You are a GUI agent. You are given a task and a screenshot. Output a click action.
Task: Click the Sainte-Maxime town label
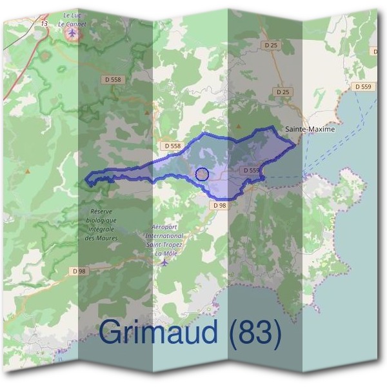(310, 129)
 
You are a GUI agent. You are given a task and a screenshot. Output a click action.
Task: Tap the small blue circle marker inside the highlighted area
(202, 174)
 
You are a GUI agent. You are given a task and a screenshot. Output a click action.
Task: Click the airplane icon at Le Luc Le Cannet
(72, 32)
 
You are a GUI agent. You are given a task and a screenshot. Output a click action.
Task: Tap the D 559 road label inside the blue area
(250, 170)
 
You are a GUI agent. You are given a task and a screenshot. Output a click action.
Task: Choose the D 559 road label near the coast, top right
(362, 86)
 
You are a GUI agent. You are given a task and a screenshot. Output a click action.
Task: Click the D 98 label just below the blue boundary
(219, 204)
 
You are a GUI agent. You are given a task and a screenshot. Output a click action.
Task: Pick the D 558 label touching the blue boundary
(172, 146)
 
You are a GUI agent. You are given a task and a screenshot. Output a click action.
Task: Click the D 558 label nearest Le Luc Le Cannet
(112, 79)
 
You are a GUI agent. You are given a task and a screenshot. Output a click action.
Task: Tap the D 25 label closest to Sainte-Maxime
(283, 92)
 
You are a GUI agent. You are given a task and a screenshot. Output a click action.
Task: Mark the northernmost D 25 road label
(270, 45)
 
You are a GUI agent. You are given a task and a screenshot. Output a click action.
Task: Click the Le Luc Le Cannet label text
(72, 19)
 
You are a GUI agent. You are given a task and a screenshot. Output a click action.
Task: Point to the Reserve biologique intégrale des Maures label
(101, 224)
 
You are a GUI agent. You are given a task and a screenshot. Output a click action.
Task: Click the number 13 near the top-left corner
(44, 23)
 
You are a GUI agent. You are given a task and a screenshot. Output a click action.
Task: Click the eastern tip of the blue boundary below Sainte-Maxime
(296, 143)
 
